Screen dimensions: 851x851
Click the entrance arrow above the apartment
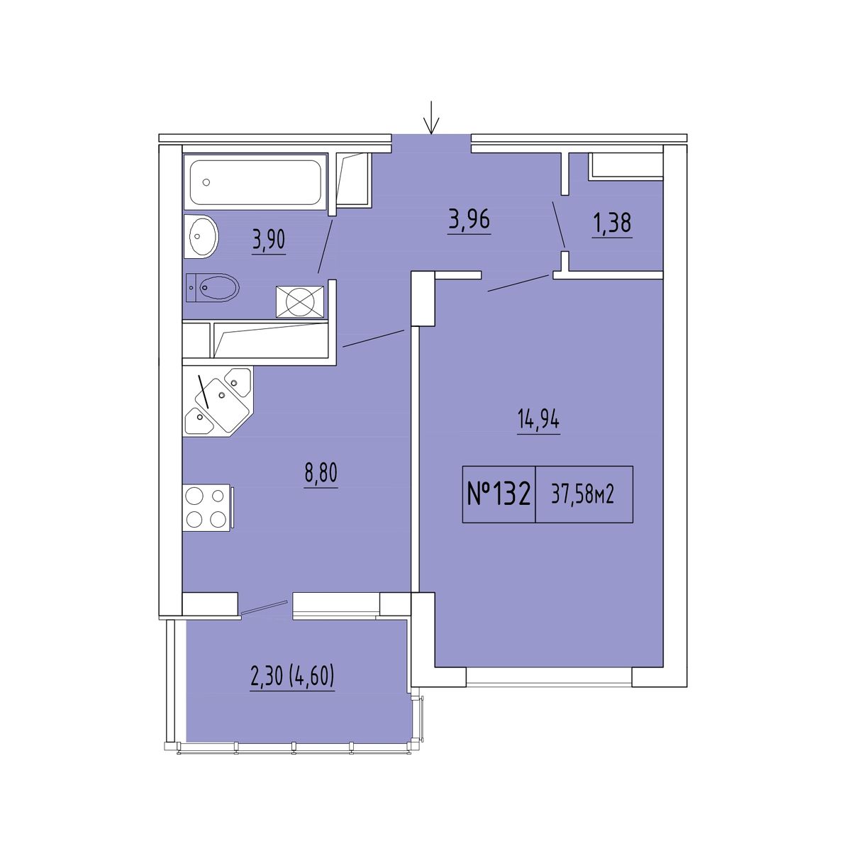tap(431, 117)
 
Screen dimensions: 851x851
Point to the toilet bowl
tap(213, 287)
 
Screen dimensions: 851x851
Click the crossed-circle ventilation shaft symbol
tap(300, 301)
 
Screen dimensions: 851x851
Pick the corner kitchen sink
tap(218, 401)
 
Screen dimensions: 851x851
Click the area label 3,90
tap(269, 241)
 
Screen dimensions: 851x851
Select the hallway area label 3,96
tap(469, 220)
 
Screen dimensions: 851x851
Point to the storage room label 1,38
tap(613, 223)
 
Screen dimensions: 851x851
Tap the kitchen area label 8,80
tap(321, 474)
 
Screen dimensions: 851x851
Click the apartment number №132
tap(499, 495)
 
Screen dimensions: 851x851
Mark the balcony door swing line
tap(265, 607)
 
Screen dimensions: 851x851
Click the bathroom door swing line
tap(325, 245)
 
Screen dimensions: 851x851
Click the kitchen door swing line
tap(374, 338)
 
